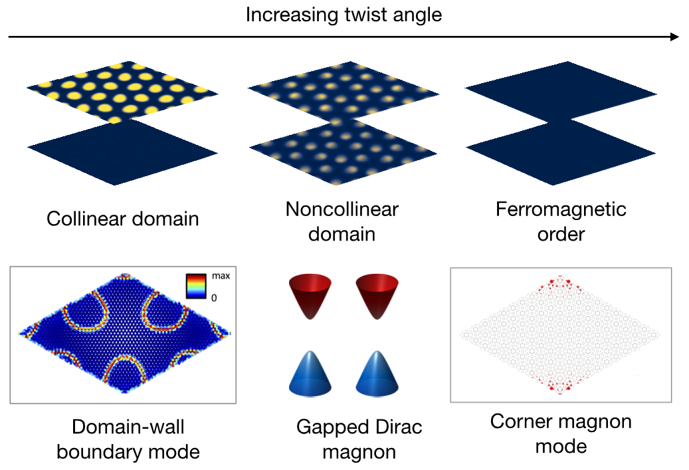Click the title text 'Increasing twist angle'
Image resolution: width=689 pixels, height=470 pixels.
pyautogui.click(x=344, y=14)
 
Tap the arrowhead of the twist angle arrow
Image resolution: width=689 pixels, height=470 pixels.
pyautogui.click(x=675, y=37)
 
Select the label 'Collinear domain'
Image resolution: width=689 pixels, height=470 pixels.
pyautogui.click(x=123, y=219)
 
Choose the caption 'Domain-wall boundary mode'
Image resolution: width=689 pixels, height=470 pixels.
pyautogui.click(x=128, y=439)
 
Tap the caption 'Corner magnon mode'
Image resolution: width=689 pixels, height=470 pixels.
pyautogui.click(x=561, y=433)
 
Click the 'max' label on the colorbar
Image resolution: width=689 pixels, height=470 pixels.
pyautogui.click(x=220, y=275)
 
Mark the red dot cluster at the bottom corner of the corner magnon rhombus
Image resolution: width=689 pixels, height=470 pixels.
pyautogui.click(x=561, y=386)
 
